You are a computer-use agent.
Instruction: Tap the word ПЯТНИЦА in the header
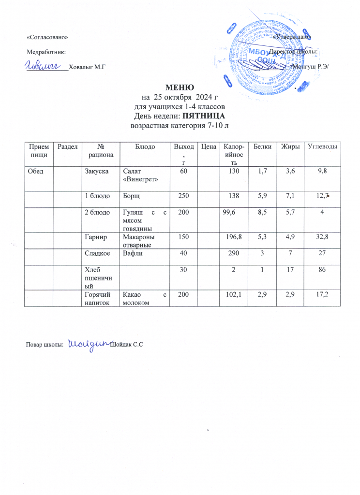click(207, 117)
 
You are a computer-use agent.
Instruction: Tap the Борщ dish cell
click(132, 195)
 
